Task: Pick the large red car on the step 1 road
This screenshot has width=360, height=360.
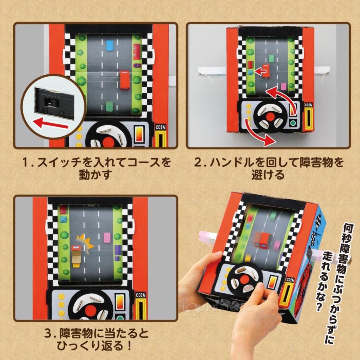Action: coord(124,80)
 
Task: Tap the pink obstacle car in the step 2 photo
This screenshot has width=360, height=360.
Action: coord(284,86)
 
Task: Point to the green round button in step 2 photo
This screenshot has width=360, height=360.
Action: coord(294,123)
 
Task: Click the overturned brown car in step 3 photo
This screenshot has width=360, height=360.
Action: coord(76,256)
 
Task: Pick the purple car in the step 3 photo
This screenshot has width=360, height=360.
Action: coord(118,250)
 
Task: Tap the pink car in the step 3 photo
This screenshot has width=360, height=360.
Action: coord(106,238)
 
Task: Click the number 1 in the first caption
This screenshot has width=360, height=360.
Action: coord(26,163)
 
